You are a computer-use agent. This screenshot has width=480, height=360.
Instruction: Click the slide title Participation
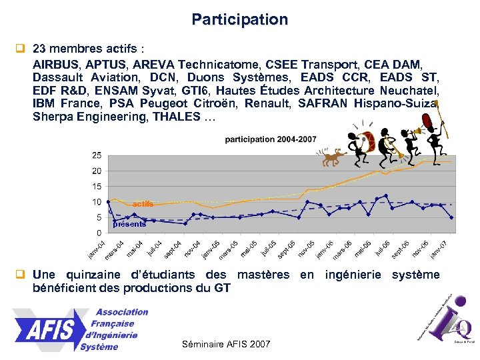tap(240, 19)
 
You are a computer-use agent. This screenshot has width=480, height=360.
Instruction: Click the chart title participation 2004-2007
tap(271, 139)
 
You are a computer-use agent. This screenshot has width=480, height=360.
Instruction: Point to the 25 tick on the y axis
tap(97, 155)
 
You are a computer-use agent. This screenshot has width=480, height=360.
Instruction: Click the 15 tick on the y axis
tap(97, 187)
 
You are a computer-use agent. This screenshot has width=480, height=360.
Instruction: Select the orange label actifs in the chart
tap(142, 203)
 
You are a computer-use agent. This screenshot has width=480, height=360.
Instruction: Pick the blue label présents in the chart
tap(129, 224)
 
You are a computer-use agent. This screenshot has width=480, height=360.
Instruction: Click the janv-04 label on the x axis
tap(97, 249)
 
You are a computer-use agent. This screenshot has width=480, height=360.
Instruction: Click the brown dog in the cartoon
tap(331, 158)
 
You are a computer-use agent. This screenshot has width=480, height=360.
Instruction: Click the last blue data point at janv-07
tap(452, 217)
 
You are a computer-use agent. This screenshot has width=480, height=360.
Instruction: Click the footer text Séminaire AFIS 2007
tap(226, 344)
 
